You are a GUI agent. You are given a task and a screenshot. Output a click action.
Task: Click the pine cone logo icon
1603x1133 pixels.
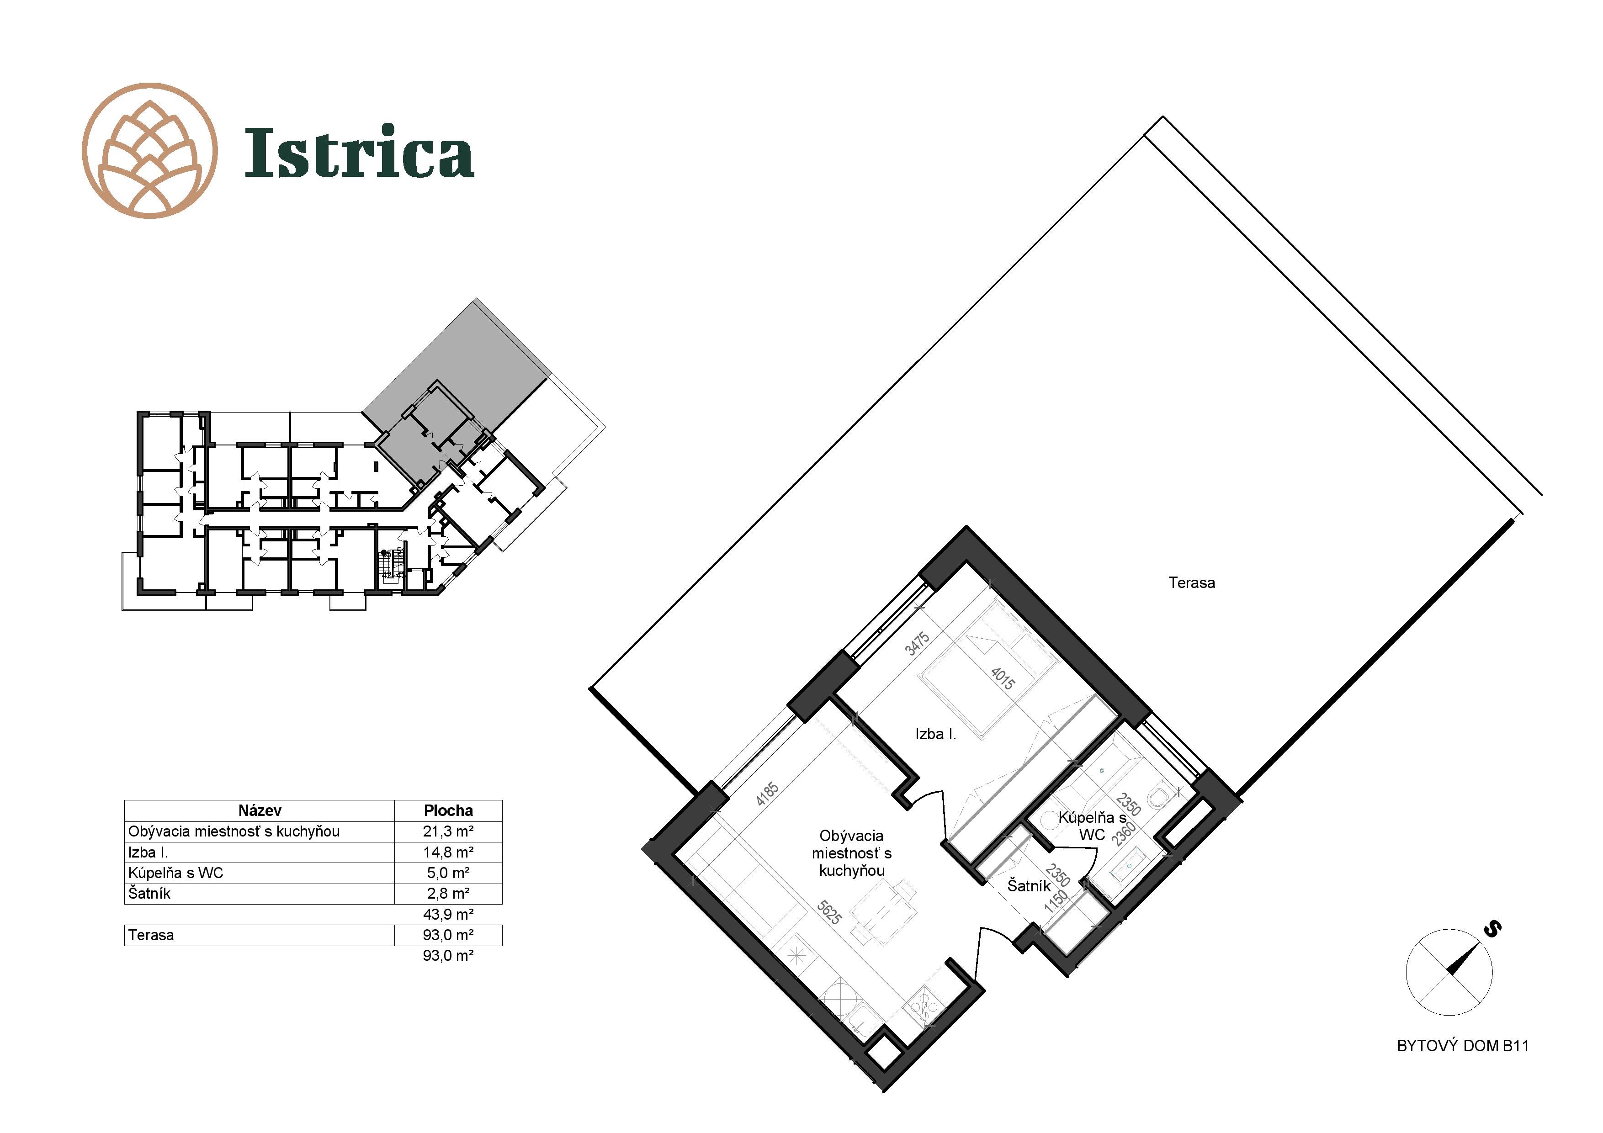point(149,151)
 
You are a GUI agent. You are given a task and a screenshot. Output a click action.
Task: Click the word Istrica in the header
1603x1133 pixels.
point(359,152)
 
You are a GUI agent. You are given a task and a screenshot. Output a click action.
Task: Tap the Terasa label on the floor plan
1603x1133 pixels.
point(1191,583)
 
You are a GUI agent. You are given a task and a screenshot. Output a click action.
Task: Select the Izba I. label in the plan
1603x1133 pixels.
point(935,734)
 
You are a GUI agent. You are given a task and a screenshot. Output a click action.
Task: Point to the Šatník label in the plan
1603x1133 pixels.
point(1029,886)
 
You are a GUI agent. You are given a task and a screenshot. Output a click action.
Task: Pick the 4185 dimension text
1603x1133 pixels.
point(767,794)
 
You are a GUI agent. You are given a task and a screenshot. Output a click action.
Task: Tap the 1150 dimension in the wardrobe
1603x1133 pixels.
point(1056,900)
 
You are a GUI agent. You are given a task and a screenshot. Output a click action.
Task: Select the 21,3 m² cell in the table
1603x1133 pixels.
point(448,831)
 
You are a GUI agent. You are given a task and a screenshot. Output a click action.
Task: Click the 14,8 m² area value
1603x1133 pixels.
point(448,852)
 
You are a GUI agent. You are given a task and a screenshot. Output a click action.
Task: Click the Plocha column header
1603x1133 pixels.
point(448,810)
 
